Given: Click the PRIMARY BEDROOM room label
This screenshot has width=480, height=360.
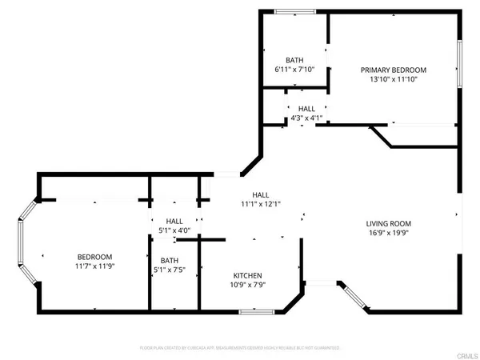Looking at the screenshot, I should pos(393,70).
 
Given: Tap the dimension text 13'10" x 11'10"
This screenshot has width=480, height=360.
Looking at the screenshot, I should pos(393,79).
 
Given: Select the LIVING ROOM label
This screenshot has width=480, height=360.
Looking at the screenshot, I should pos(388,223).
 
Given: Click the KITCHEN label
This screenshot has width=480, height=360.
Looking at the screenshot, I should pos(246,275).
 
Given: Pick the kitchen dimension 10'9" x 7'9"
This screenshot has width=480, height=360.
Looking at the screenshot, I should pos(246,285).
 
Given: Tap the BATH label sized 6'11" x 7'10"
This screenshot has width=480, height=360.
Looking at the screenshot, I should pos(294,60).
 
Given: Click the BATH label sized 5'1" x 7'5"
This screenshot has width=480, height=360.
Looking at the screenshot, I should pos(169,260).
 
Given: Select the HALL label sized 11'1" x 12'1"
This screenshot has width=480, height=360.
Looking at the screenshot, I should pos(260,194).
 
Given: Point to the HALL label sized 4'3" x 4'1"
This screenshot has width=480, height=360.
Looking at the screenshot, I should pos(306,109).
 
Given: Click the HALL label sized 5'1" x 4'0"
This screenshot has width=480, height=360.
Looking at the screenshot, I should pos(174,222).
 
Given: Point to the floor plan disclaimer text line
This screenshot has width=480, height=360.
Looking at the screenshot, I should pos(240,348).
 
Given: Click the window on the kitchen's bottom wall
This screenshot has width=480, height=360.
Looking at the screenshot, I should pos(251,311).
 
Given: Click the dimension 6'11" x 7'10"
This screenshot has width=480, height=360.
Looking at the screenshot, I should pos(294,70).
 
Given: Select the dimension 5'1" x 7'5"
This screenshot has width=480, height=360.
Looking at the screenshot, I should pos(169,270).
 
